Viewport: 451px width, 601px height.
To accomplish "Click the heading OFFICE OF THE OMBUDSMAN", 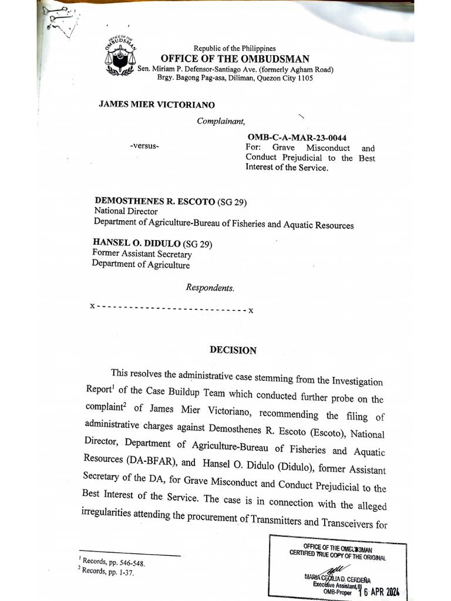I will click(x=234, y=59).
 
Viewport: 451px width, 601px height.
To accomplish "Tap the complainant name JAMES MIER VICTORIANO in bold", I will click(x=157, y=104).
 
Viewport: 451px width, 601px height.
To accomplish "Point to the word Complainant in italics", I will click(x=217, y=121).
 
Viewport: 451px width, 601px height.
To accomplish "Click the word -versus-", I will click(x=144, y=146).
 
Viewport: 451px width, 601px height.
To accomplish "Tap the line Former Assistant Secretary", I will click(x=142, y=255).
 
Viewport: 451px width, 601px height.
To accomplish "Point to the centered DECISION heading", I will click(x=233, y=350).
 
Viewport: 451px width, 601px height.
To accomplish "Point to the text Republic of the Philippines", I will click(x=234, y=48).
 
